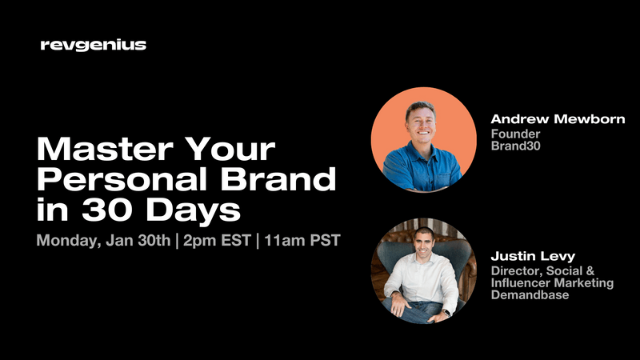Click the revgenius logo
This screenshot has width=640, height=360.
click(x=93, y=46)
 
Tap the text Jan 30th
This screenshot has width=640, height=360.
click(x=146, y=242)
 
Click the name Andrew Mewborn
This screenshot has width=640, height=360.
click(x=558, y=119)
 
